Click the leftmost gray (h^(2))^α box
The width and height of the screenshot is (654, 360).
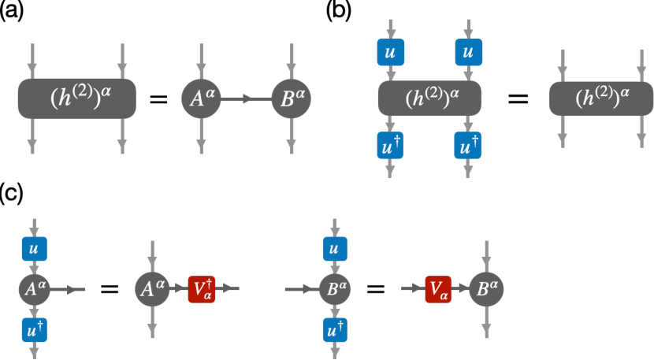click(x=77, y=98)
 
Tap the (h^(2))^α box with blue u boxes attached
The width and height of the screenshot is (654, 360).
click(x=429, y=98)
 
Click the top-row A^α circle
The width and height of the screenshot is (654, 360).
click(x=202, y=99)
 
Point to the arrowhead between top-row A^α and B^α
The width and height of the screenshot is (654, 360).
click(x=247, y=99)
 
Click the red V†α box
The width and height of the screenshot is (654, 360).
click(x=201, y=289)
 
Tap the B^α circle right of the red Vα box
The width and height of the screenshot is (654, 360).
click(x=487, y=289)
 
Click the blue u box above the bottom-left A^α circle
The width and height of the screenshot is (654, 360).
click(x=34, y=248)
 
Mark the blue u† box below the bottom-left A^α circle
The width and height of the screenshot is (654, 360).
click(x=34, y=330)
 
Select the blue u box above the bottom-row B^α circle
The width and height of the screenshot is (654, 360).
click(x=336, y=248)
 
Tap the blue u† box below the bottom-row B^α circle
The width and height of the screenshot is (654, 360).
click(x=336, y=330)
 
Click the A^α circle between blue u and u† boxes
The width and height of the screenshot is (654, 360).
click(x=34, y=289)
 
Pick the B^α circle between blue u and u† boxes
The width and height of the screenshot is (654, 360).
click(x=336, y=289)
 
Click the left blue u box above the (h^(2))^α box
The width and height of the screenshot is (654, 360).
click(x=391, y=52)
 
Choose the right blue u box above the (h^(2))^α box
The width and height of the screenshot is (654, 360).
click(x=468, y=52)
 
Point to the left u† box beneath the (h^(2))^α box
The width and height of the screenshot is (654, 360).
click(x=391, y=145)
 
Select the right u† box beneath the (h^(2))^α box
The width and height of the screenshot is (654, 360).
click(x=468, y=145)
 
